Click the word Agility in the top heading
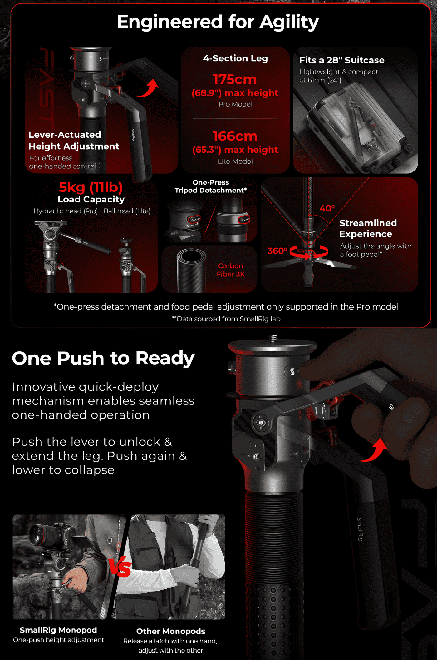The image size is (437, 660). pos(289,22)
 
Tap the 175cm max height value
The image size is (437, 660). pos(235,79)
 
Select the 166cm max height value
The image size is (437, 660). pos(235,136)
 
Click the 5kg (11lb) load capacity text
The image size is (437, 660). pos(91,187)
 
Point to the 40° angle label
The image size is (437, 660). pos(327,208)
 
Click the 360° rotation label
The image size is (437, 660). pos(277,251)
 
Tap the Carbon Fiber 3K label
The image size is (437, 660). pos(231,270)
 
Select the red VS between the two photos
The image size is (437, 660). pos(120,567)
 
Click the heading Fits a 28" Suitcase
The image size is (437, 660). pos(342,60)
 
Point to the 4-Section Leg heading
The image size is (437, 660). pos(235,58)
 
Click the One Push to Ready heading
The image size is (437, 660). pos(103,358)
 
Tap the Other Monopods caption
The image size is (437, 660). pos(171,631)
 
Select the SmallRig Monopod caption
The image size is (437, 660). pos(58,630)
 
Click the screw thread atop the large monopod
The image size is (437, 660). pos(273,338)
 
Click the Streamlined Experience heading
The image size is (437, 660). pos(368,228)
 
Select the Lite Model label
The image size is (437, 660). pos(235,161)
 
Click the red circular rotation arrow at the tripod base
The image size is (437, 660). pos(308,251)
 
